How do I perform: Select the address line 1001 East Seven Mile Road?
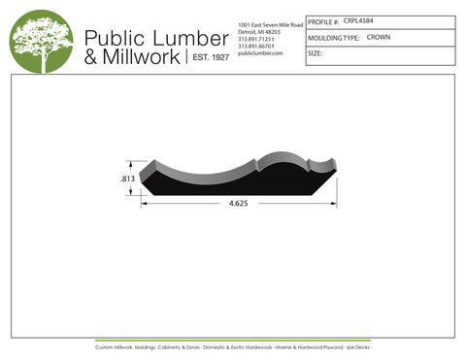click(x=270, y=23)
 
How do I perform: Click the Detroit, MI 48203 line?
click(x=259, y=31)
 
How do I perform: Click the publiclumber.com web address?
click(x=259, y=53)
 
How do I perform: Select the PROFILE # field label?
click(x=323, y=20)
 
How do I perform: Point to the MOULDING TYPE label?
click(x=333, y=37)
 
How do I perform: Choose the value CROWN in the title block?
click(x=379, y=37)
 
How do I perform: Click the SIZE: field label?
click(x=315, y=53)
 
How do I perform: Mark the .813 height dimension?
click(x=126, y=179)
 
